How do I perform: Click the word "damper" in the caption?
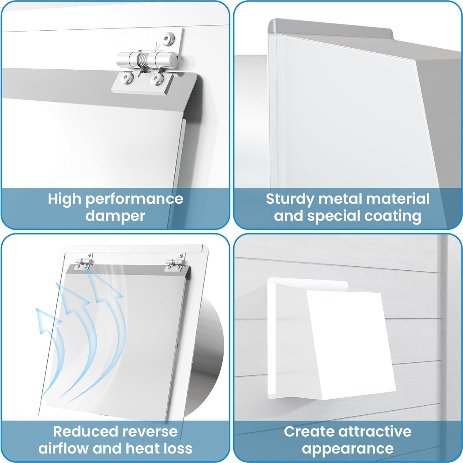click(115, 216)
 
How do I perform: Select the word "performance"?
click(134, 199)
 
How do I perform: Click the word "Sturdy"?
click(290, 199)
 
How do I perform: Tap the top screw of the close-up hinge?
click(168, 38)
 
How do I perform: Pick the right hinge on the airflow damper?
click(175, 262)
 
